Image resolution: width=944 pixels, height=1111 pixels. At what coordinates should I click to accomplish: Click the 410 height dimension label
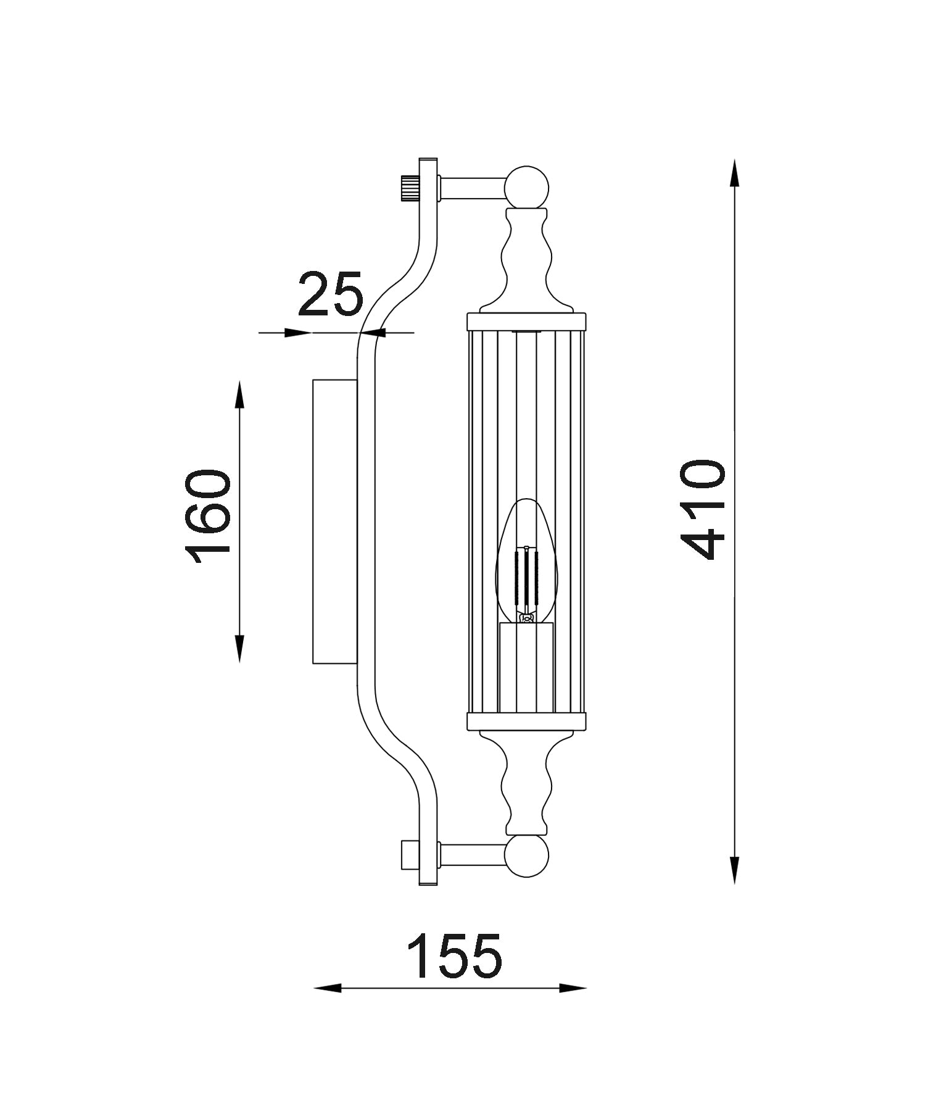[702, 510]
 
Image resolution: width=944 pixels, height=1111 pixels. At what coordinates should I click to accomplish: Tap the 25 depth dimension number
[330, 294]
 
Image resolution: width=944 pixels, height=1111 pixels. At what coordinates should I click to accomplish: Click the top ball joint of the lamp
[526, 187]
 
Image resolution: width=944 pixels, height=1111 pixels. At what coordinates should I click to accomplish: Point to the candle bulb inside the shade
[526, 562]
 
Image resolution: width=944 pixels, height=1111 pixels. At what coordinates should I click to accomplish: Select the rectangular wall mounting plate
[334, 522]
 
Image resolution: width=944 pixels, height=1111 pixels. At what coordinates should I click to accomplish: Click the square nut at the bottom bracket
[410, 855]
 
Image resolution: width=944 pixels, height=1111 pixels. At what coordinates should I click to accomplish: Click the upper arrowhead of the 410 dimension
[734, 172]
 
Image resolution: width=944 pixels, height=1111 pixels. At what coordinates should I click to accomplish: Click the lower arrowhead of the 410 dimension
[734, 870]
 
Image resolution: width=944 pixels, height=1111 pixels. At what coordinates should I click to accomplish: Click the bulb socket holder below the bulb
[526, 667]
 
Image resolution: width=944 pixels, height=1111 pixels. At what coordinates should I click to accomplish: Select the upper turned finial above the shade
[526, 259]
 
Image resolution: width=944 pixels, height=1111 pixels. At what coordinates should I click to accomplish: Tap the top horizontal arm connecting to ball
[472, 188]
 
